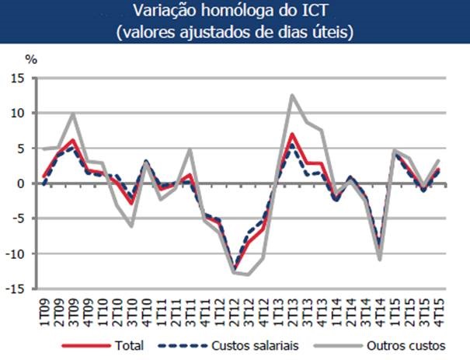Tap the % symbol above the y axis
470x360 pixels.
pyautogui.click(x=31, y=59)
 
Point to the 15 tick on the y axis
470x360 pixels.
pyautogui.click(x=18, y=79)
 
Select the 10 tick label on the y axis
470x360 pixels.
pyautogui.click(x=18, y=114)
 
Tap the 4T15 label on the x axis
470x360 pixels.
pyautogui.click(x=440, y=308)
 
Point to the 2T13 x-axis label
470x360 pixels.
pyautogui.click(x=292, y=308)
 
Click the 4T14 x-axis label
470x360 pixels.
pyautogui.click(x=381, y=308)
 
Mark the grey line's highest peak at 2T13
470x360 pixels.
pyautogui.click(x=292, y=96)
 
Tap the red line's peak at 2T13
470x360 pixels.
pyautogui.click(x=292, y=134)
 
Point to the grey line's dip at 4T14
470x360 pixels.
pyautogui.click(x=381, y=259)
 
